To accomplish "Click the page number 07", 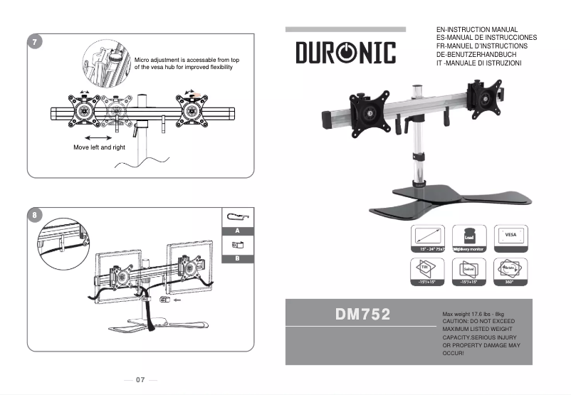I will [140, 379].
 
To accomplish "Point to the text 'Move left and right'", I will [99, 147].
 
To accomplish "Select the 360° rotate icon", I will [510, 271].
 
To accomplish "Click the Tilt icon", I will [428, 271].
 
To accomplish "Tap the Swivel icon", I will [469, 271].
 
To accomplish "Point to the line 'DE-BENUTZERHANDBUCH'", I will [476, 55].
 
